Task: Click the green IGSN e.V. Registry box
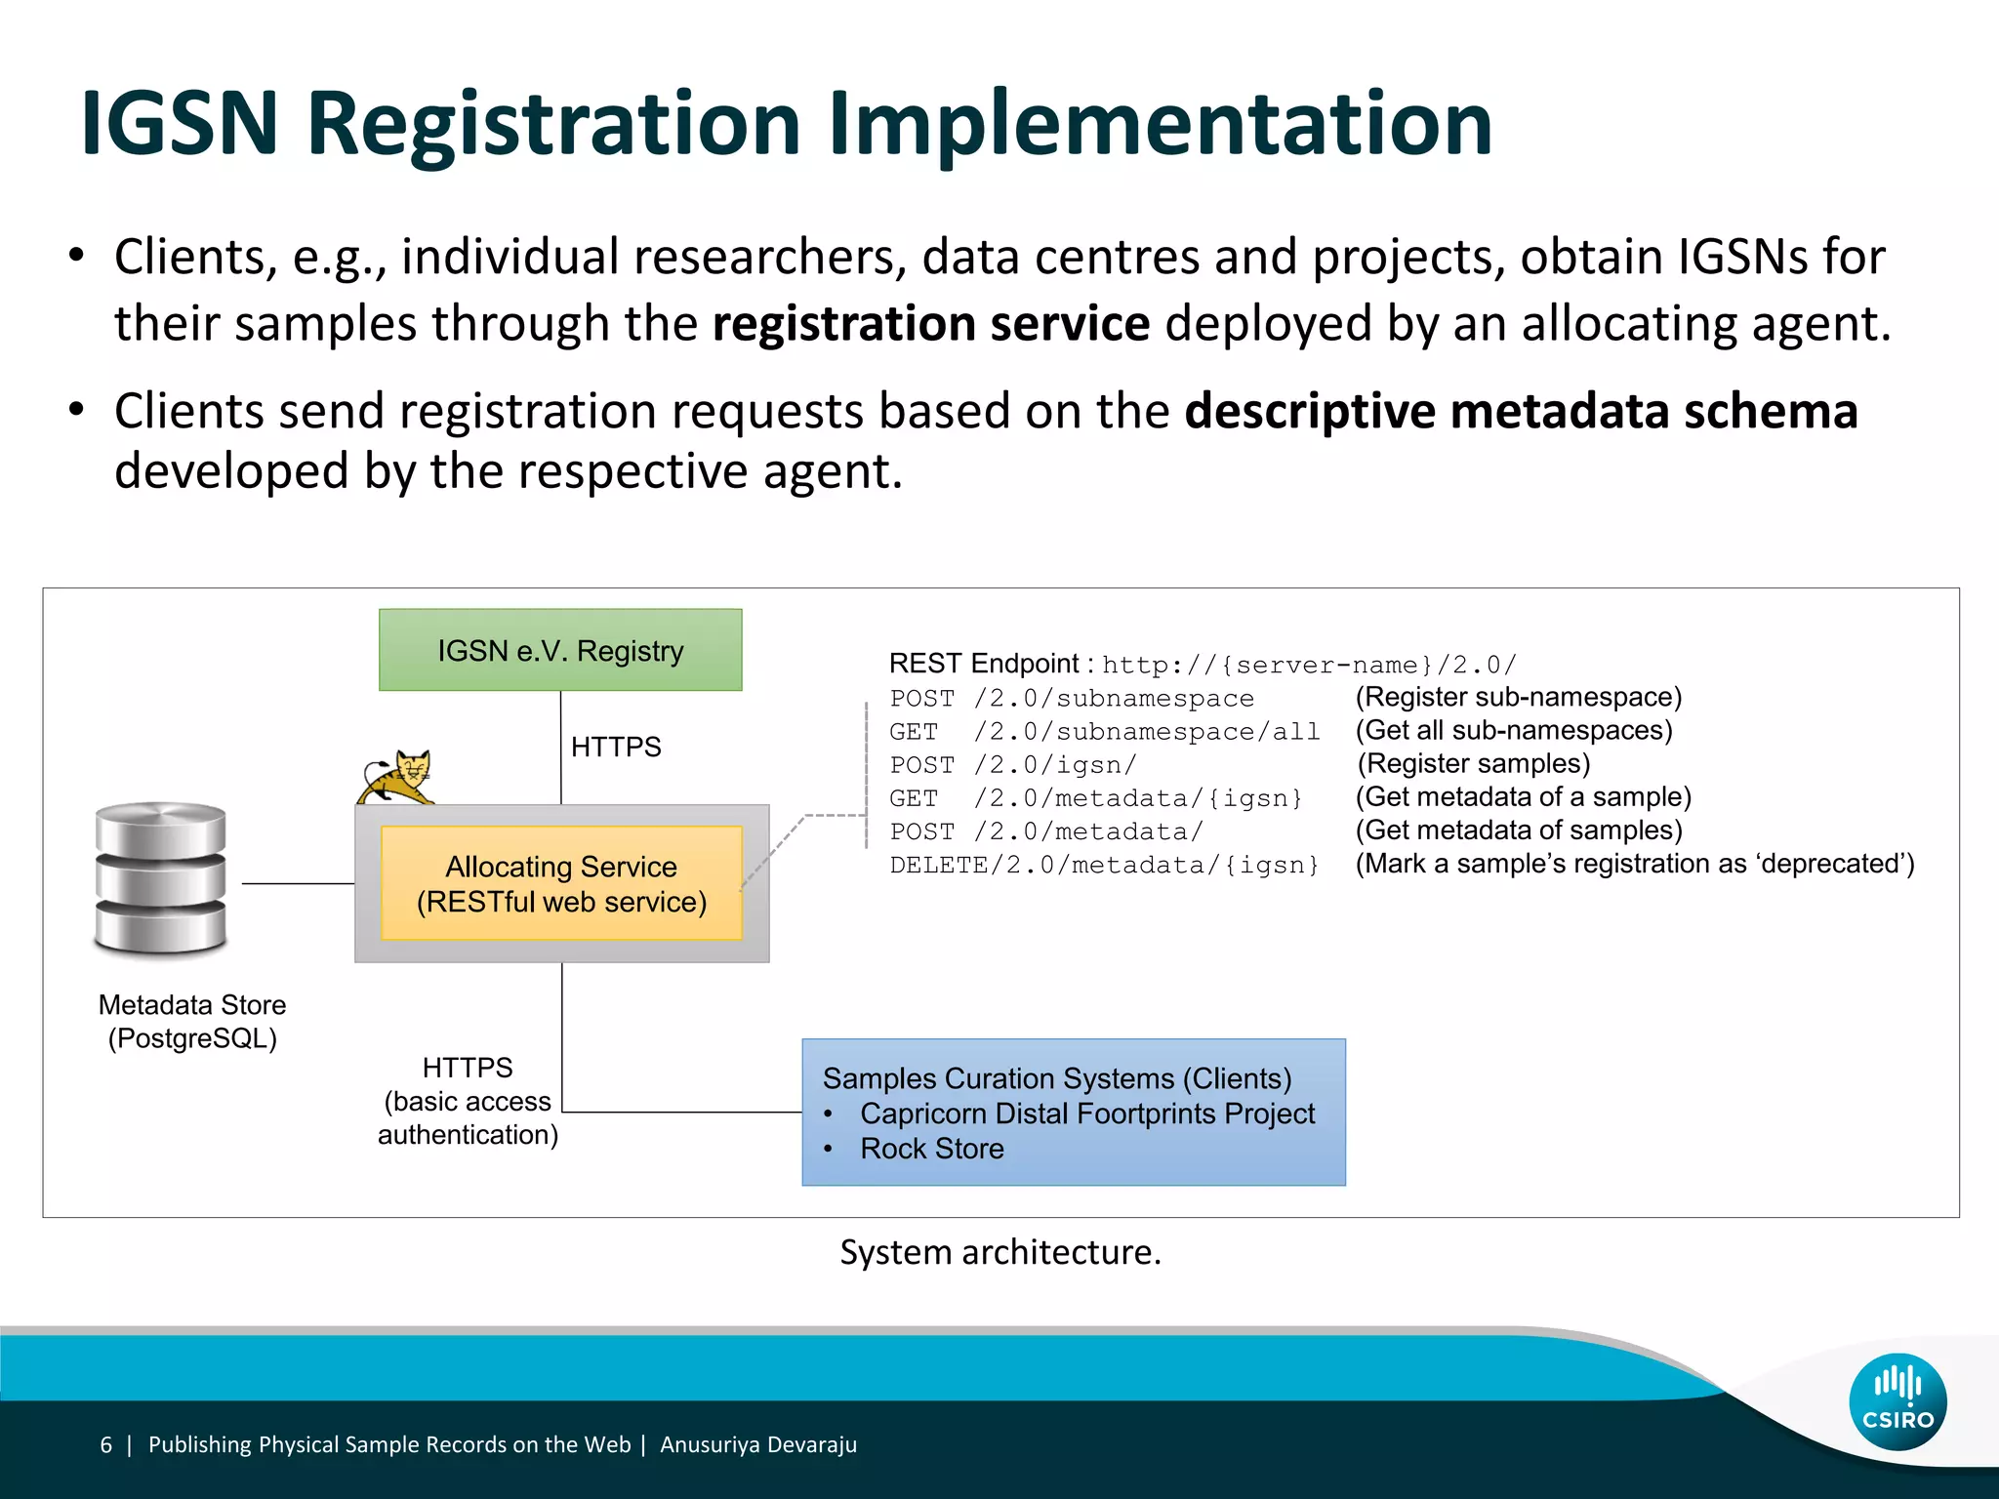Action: click(560, 650)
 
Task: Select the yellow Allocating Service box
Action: click(561, 883)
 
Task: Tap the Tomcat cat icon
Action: click(397, 776)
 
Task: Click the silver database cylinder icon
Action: click(161, 877)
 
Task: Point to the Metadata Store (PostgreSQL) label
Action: click(192, 1021)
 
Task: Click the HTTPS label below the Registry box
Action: click(616, 747)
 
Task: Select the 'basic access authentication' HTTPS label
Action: click(468, 1101)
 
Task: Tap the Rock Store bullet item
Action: click(931, 1149)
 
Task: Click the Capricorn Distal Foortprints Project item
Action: click(1086, 1114)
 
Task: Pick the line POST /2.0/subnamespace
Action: click(1071, 699)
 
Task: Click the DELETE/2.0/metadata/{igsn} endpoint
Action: click(1104, 865)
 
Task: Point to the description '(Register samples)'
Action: click(1474, 763)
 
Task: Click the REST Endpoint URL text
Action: click(1309, 665)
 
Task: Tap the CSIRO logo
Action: click(1897, 1402)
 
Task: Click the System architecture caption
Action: click(1000, 1252)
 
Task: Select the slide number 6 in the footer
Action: click(106, 1444)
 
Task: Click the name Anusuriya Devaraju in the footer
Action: click(757, 1444)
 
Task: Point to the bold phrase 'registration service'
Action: click(930, 323)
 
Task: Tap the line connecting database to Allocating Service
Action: click(298, 883)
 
